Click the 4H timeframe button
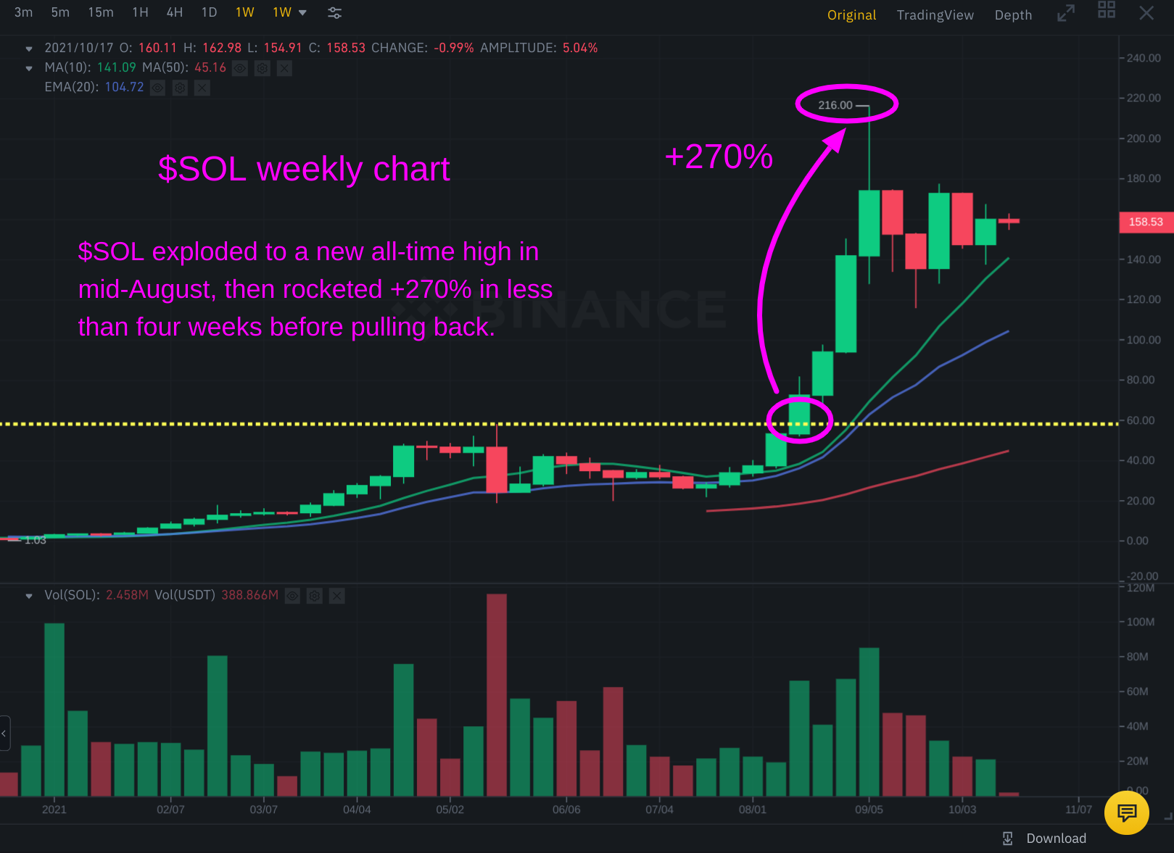pos(174,12)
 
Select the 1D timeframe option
pos(209,12)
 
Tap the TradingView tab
pos(935,15)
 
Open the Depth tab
pos(1012,15)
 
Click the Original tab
pos(851,15)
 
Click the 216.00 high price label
pos(835,105)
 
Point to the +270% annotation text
pos(719,157)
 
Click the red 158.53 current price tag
pos(1145,222)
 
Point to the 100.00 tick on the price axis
pos(1143,340)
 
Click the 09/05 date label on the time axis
pos(869,810)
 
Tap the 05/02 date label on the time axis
pos(450,810)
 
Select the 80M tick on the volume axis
pos(1137,657)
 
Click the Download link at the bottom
pos(1055,839)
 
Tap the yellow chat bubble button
pos(1126,813)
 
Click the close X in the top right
pos(1146,13)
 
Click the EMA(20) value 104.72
pos(124,88)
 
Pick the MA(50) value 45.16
pos(210,68)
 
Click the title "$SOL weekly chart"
pos(304,170)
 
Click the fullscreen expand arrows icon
pos(1065,13)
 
